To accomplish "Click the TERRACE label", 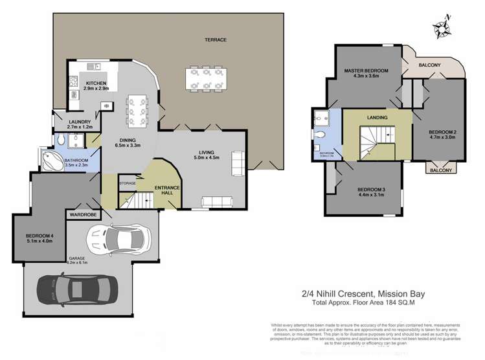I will [216, 39].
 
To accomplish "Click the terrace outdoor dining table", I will [203, 79].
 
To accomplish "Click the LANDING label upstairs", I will [377, 118].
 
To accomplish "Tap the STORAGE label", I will [127, 183].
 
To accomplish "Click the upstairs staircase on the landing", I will [376, 142].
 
